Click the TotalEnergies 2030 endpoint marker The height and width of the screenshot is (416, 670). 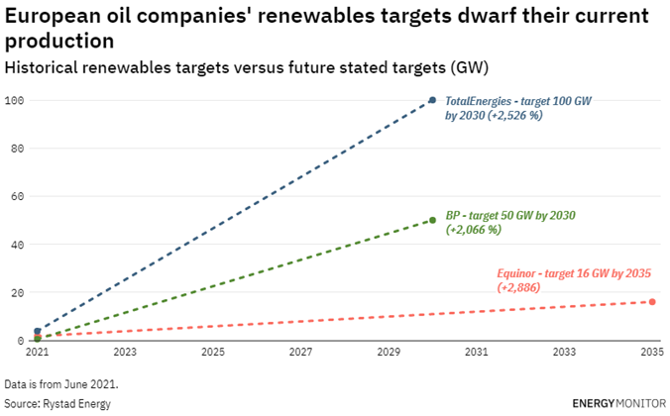pyautogui.click(x=432, y=100)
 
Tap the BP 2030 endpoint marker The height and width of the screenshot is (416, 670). pyautogui.click(x=432, y=220)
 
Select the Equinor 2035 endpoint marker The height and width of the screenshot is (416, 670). pyautogui.click(x=652, y=301)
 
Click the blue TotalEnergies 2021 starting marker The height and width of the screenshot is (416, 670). pyautogui.click(x=38, y=331)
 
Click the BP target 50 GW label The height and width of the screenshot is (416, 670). pyautogui.click(x=510, y=215)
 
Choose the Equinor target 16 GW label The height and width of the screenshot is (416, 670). pyautogui.click(x=573, y=272)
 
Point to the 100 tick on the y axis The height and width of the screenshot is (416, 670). pyautogui.click(x=15, y=100)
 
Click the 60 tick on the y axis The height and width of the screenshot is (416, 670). pyautogui.click(x=18, y=196)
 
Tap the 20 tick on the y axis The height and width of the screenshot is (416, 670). pyautogui.click(x=18, y=292)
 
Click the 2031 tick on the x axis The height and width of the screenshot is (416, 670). pyautogui.click(x=477, y=352)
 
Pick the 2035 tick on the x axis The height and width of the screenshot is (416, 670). pyautogui.click(x=651, y=352)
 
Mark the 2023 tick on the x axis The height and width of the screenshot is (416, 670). pyautogui.click(x=125, y=352)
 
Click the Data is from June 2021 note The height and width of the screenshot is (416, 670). pyautogui.click(x=67, y=382)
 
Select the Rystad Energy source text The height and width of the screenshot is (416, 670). pyautogui.click(x=57, y=403)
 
